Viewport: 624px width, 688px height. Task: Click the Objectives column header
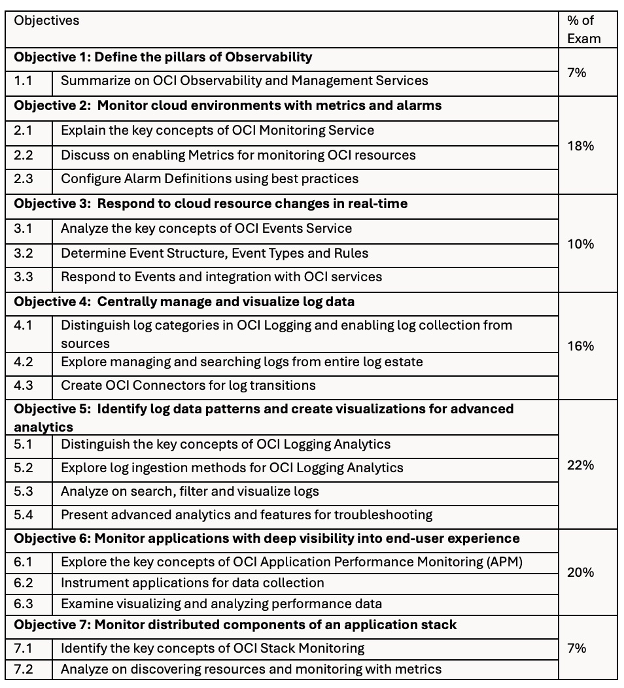click(x=46, y=20)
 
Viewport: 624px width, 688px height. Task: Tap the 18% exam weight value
click(x=580, y=146)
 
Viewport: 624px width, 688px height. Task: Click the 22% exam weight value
click(x=580, y=465)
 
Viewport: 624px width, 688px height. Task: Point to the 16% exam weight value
click(x=580, y=346)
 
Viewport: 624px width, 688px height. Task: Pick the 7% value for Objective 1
click(x=577, y=73)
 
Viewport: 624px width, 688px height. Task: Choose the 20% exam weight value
click(x=580, y=572)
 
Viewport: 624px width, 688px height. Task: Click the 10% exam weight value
click(x=580, y=244)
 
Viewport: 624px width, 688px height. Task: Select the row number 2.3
click(x=23, y=179)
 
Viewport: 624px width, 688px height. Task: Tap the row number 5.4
click(x=23, y=515)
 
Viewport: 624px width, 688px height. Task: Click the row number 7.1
click(x=23, y=648)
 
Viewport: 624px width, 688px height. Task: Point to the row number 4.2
click(x=23, y=362)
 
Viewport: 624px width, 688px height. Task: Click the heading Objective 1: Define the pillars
click(x=163, y=57)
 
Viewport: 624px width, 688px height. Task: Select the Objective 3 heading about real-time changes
click(x=211, y=203)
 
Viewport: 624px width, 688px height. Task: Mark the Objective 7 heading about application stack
click(x=235, y=625)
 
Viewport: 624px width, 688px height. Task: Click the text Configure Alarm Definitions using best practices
click(x=209, y=179)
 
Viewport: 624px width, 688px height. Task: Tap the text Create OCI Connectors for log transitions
click(x=188, y=385)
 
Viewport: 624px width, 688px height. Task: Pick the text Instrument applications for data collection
click(x=192, y=583)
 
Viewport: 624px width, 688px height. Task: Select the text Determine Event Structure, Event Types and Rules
click(x=215, y=253)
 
